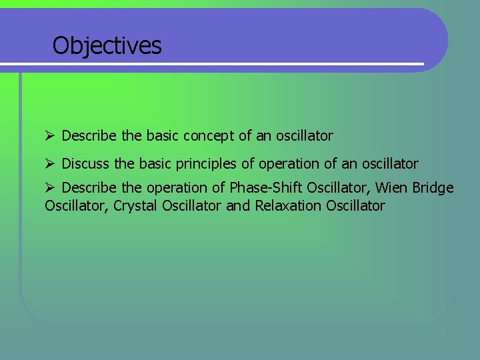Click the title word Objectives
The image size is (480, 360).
(107, 46)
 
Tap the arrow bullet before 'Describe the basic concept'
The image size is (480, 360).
(49, 136)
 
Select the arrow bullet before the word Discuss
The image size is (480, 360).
(49, 164)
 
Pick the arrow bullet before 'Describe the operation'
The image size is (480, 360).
(49, 189)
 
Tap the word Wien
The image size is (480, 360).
(390, 189)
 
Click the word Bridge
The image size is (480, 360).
(433, 189)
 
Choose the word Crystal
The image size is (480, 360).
(136, 206)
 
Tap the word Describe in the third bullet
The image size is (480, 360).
(91, 189)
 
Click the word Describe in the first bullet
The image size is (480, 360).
(91, 136)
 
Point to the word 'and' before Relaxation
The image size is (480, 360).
(238, 206)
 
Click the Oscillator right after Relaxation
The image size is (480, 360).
(356, 206)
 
